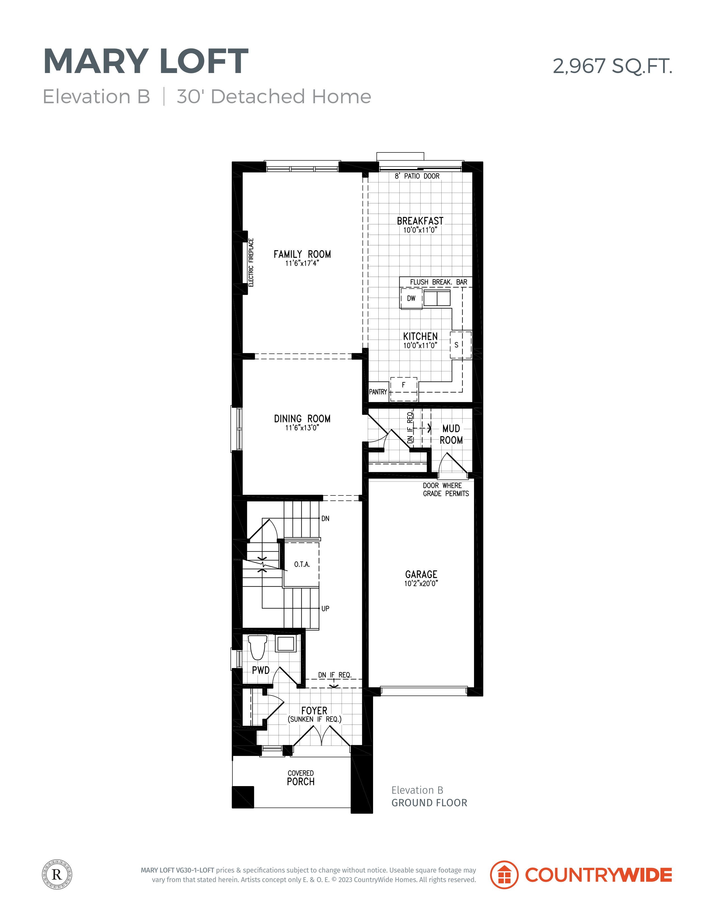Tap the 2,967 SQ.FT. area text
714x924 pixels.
[x=612, y=66]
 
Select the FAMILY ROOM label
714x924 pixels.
[x=302, y=254]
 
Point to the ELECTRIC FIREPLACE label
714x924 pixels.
[x=251, y=262]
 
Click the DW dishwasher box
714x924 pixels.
[x=411, y=298]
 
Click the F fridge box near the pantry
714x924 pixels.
[x=404, y=389]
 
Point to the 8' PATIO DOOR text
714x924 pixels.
[x=417, y=176]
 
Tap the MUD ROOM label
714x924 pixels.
[x=451, y=434]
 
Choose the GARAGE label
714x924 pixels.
[x=421, y=574]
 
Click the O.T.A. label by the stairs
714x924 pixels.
[x=302, y=564]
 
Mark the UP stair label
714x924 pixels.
[x=325, y=608]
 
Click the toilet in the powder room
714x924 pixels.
[x=258, y=648]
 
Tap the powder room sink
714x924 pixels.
[x=286, y=643]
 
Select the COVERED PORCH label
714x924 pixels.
[x=301, y=778]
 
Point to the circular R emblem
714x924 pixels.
[x=57, y=874]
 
